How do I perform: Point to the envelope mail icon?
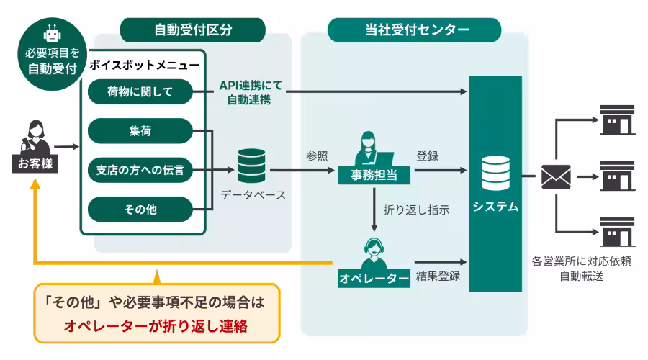click(x=555, y=176)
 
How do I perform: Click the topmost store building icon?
click(x=618, y=120)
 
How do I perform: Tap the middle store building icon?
click(x=618, y=176)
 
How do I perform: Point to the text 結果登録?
click(x=438, y=276)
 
